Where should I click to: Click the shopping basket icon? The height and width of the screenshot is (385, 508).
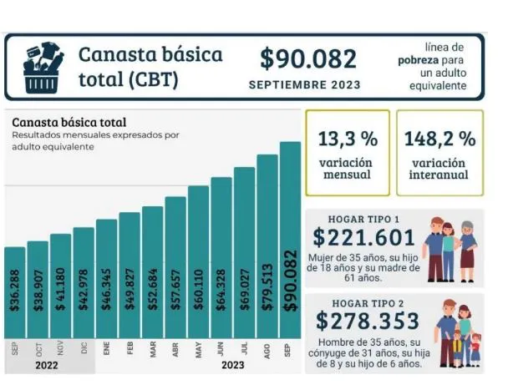(x=44, y=68)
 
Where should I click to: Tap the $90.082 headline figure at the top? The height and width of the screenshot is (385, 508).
(x=307, y=58)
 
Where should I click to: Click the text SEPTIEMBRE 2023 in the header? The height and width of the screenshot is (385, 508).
(x=305, y=84)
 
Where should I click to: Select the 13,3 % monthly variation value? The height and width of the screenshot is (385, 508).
(x=346, y=138)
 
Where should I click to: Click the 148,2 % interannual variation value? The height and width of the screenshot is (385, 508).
(x=439, y=138)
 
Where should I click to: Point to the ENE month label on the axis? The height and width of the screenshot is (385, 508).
(x=106, y=350)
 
